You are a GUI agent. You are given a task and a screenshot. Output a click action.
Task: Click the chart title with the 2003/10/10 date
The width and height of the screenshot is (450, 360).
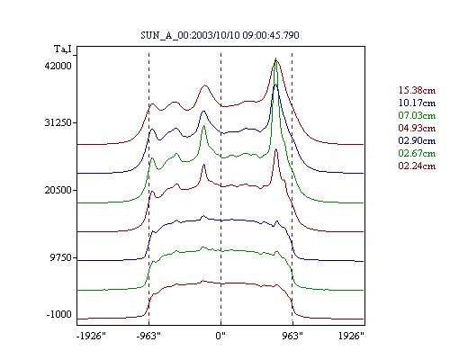(x=220, y=35)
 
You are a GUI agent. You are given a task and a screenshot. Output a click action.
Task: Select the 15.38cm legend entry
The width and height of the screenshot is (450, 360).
(x=417, y=90)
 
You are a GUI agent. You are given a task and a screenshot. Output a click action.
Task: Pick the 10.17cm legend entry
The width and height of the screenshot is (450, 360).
(x=417, y=103)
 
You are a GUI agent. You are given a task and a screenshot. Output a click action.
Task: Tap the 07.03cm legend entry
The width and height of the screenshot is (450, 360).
(x=417, y=115)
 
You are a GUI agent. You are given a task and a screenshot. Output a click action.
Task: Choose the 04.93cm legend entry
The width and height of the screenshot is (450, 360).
(x=417, y=128)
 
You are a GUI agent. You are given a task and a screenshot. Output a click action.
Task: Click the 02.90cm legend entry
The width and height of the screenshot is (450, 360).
(x=417, y=140)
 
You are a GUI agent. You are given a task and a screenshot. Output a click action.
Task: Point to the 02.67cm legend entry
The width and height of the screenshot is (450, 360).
(x=417, y=153)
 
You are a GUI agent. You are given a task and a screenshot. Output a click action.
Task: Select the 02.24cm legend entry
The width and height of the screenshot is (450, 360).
(x=417, y=166)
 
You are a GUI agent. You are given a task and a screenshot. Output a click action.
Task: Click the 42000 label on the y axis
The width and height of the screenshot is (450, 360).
(x=58, y=66)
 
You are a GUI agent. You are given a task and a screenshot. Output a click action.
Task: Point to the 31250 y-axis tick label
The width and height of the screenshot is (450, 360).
(x=58, y=122)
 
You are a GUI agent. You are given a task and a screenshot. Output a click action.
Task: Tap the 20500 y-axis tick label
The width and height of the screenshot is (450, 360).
(x=58, y=190)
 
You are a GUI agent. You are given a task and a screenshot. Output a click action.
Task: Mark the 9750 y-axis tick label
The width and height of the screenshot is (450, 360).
(x=61, y=257)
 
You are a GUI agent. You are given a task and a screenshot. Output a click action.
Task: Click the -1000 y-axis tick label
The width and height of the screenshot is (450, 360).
(x=59, y=314)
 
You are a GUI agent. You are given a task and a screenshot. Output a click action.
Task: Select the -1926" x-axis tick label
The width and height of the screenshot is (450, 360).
(x=91, y=336)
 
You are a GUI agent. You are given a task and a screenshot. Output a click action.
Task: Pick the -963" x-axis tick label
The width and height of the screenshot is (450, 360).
(x=148, y=336)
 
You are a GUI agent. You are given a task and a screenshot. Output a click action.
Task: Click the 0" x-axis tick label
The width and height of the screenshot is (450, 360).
(x=220, y=336)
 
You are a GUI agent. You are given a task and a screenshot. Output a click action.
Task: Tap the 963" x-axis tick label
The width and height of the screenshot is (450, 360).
(x=292, y=336)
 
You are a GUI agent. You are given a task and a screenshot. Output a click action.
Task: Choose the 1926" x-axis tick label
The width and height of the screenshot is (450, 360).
(x=351, y=336)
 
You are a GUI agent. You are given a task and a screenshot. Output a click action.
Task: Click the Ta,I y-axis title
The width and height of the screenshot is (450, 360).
(x=63, y=49)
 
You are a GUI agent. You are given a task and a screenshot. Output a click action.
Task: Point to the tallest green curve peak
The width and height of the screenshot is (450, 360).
(x=275, y=58)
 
